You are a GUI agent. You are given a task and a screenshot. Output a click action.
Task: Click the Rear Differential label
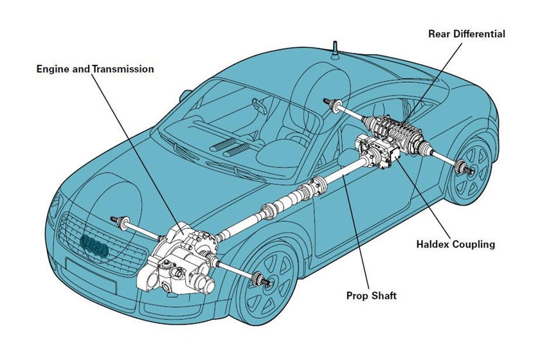pos(466,34)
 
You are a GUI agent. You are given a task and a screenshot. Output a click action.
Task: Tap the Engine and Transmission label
pos(95,68)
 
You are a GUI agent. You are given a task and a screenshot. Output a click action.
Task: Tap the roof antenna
pos(335,49)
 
